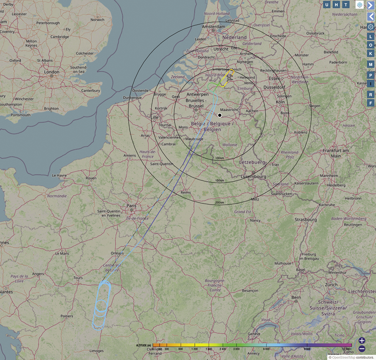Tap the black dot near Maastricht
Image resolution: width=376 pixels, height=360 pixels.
(220, 115)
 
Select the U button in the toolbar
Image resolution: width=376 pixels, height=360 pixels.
(327, 5)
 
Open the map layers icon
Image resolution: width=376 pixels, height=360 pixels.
(359, 5)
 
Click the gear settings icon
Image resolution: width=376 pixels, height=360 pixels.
(371, 27)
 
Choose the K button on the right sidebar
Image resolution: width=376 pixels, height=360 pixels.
(371, 53)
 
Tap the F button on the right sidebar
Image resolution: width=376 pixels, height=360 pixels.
(371, 103)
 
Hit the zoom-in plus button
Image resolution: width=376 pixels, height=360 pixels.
(362, 341)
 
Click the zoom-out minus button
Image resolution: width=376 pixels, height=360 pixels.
(362, 349)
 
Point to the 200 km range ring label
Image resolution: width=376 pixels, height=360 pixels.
(219, 203)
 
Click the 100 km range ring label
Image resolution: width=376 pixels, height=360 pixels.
(220, 158)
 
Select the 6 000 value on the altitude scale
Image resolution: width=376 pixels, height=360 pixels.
(265, 349)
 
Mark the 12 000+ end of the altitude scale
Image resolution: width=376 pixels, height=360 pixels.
(347, 349)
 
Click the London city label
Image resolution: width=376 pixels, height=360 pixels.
(52, 72)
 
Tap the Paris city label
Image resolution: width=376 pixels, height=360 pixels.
(132, 206)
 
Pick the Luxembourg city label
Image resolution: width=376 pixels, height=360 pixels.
(254, 177)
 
